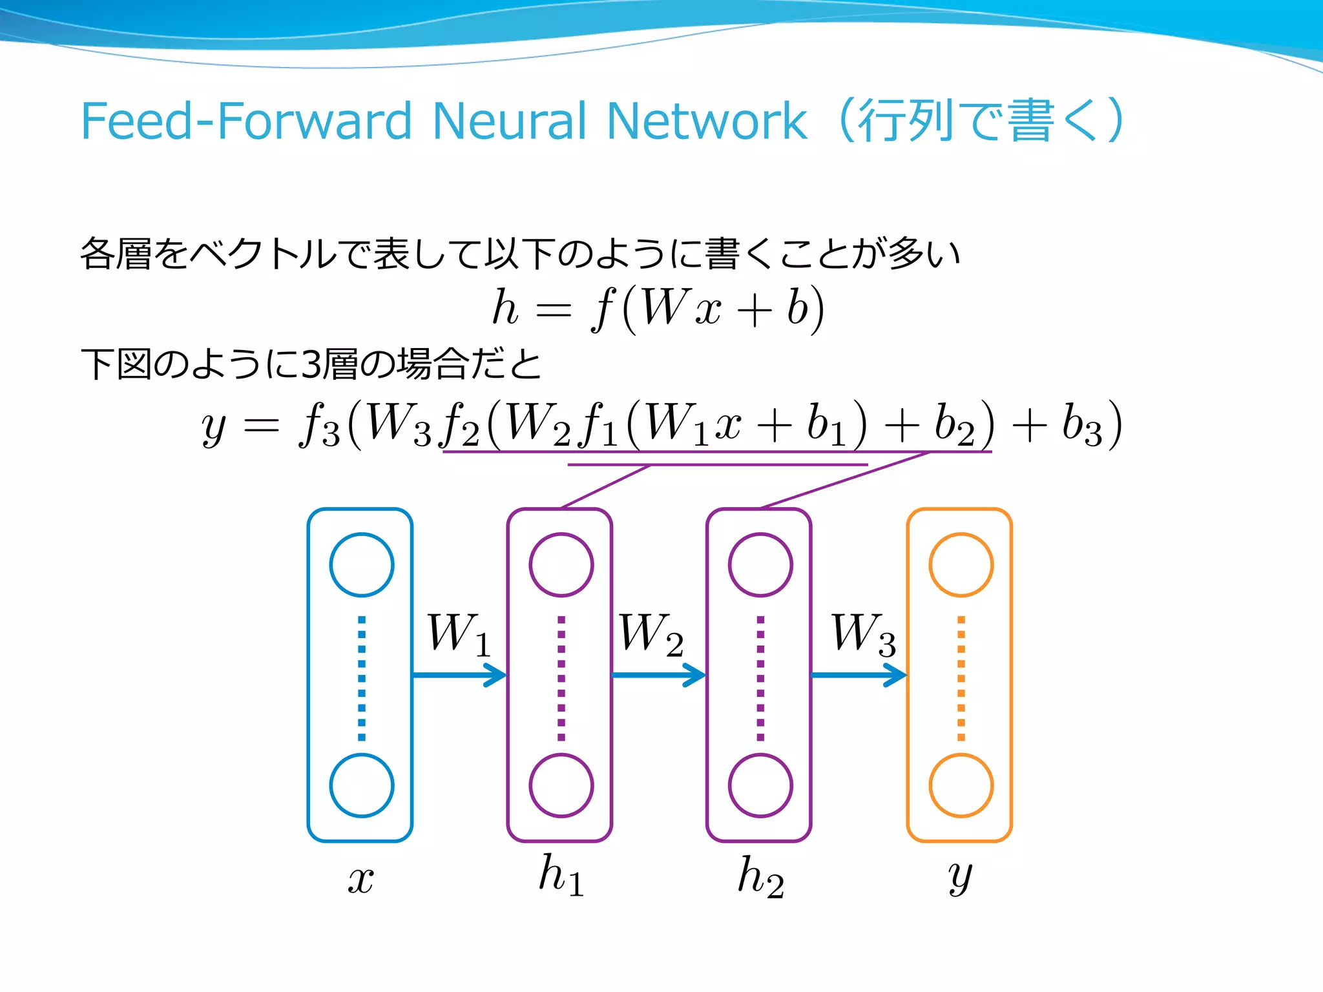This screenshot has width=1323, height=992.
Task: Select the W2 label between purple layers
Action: [651, 634]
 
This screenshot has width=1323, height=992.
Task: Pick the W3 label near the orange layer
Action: [863, 634]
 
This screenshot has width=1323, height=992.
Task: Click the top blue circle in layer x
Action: [362, 564]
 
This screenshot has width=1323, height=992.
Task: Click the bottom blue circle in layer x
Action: [362, 785]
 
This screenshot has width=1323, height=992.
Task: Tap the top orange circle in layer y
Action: [961, 564]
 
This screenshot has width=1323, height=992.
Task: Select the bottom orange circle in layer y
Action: [961, 785]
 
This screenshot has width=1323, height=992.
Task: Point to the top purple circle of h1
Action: [561, 564]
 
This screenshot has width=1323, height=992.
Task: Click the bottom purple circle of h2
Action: [760, 785]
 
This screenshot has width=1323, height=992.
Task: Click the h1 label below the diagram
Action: [561, 876]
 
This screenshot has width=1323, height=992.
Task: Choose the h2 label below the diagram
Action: [760, 877]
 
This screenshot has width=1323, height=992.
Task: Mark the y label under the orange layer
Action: [961, 877]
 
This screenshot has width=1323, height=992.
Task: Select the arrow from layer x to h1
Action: [459, 676]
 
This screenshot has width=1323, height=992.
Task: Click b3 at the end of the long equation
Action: [1081, 425]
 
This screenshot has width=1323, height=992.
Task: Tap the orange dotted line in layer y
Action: [961, 678]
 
